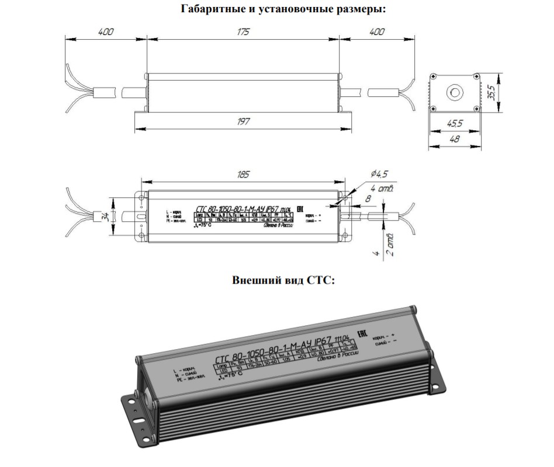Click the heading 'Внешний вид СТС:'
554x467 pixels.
[283, 280]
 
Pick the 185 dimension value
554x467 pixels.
[243, 175]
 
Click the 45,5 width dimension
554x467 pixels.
[454, 124]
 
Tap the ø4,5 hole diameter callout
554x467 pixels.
[380, 173]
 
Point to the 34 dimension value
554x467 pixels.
[106, 217]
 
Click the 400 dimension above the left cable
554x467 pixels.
[105, 32]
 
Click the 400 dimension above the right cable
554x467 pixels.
[377, 32]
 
